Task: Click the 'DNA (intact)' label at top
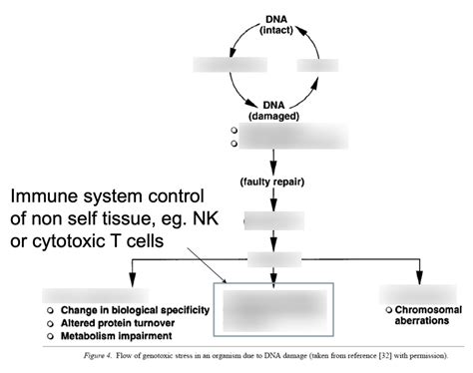coord(276,25)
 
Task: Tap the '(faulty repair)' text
coord(273,182)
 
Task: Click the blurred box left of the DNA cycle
coord(217,67)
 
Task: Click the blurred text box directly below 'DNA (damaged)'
coord(289,137)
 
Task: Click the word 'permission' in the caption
coord(426,355)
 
